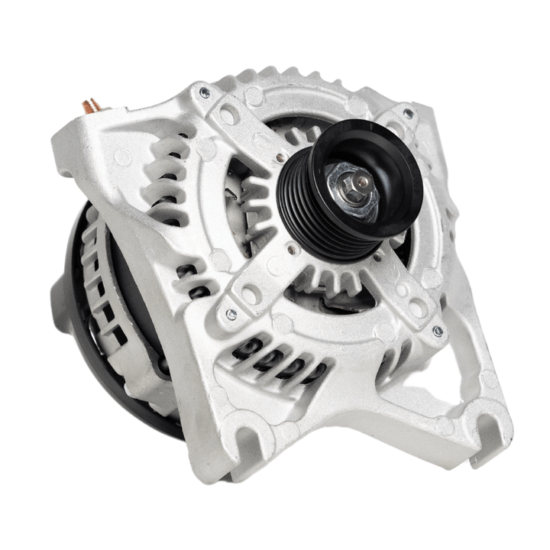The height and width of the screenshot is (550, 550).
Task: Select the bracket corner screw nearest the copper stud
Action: point(205,92)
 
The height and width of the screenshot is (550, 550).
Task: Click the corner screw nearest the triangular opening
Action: point(438,331)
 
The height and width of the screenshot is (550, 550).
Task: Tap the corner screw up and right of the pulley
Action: point(409,113)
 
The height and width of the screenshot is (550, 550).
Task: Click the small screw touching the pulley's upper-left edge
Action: point(281,157)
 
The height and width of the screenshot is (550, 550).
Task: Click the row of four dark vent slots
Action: point(280,360)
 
